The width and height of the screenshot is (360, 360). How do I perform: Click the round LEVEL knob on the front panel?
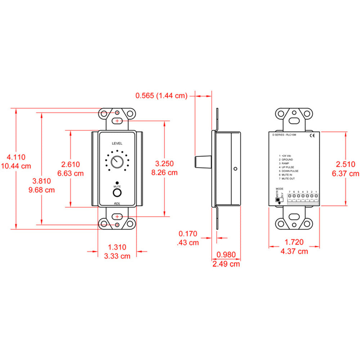point(117,162)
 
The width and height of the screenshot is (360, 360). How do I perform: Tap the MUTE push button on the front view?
point(117,194)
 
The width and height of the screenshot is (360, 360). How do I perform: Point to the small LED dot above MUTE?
point(117,183)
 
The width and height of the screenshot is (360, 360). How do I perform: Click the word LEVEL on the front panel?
point(117,143)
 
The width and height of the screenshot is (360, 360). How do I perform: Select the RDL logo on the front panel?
point(117,203)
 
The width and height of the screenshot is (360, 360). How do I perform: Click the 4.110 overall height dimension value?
point(16,157)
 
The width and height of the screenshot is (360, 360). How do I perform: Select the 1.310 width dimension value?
point(117,247)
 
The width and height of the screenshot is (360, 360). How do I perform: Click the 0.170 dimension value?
point(189,234)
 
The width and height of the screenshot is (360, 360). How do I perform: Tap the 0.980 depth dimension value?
point(226,255)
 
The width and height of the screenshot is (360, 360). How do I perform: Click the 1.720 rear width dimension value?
point(294,242)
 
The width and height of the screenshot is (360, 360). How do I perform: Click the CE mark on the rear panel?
point(312,136)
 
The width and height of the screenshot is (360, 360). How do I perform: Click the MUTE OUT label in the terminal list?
point(289,179)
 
